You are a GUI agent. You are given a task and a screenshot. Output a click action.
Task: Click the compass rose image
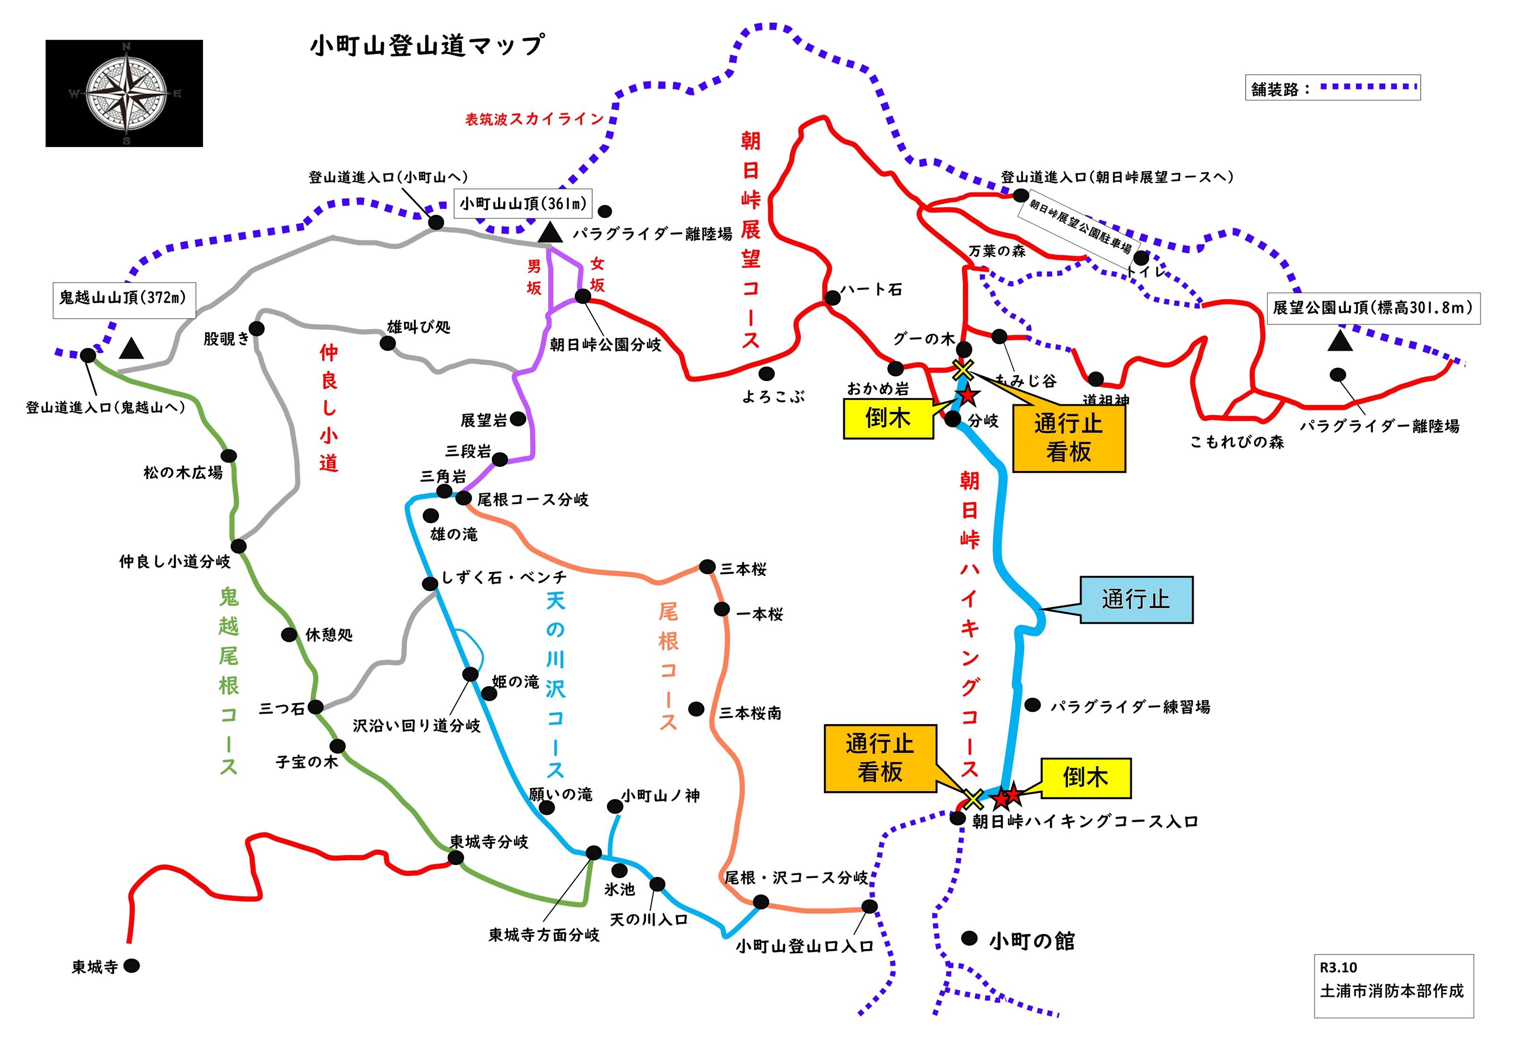pyautogui.click(x=125, y=93)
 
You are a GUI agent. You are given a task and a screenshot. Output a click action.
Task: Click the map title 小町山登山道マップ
pyautogui.click(x=427, y=45)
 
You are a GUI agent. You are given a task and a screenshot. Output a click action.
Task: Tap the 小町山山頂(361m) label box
pyautogui.click(x=523, y=203)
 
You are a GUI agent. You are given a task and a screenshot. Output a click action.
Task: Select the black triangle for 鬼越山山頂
pyautogui.click(x=131, y=348)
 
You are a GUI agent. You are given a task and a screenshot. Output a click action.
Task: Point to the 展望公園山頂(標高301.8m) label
pyautogui.click(x=1372, y=308)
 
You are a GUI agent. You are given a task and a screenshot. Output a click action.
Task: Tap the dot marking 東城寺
pyautogui.click(x=132, y=965)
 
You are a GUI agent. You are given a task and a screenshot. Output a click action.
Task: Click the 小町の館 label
pyautogui.click(x=1032, y=941)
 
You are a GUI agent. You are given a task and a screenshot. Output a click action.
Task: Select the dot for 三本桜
pyautogui.click(x=707, y=567)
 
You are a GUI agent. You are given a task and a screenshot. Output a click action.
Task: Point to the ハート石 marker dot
pyautogui.click(x=832, y=297)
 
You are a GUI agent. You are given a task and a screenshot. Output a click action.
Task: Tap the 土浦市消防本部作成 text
pyautogui.click(x=1392, y=991)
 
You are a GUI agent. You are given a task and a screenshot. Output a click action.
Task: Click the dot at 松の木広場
pyautogui.click(x=228, y=457)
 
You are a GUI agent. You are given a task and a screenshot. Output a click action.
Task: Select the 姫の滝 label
pyautogui.click(x=515, y=681)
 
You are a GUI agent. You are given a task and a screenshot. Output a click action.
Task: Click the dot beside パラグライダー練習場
pyautogui.click(x=1032, y=705)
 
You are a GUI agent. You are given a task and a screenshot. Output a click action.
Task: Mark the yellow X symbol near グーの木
pyautogui.click(x=963, y=369)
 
